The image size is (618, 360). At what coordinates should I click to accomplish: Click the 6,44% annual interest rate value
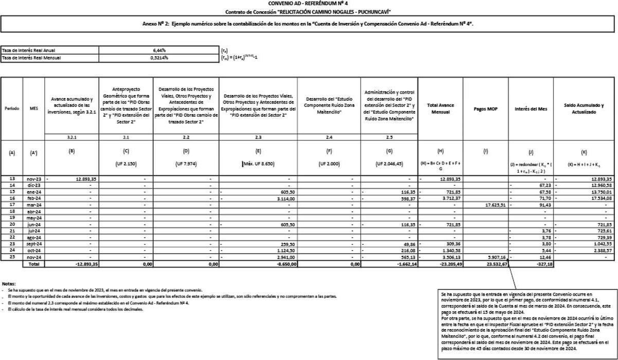point(159,50)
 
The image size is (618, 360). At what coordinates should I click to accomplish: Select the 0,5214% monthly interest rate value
point(159,58)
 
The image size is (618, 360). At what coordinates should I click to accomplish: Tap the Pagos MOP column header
point(486,109)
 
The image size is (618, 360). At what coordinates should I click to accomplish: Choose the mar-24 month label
point(34,205)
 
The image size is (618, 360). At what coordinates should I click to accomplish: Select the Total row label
point(34,264)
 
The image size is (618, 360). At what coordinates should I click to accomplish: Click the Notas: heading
point(9,284)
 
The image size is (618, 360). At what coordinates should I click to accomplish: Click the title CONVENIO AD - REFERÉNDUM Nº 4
point(308,4)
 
